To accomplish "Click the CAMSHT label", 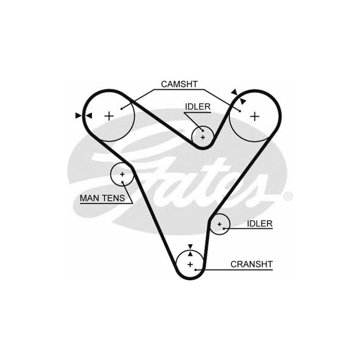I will tap(179, 84).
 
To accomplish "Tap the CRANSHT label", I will tap(251, 264).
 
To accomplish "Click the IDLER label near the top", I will tap(198, 106).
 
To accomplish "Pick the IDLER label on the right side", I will tap(260, 224).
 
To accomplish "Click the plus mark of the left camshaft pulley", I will tap(109, 116).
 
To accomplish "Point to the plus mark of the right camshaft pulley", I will tap(255, 116).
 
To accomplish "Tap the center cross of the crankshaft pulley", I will tap(190, 264).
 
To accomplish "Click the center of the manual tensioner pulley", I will tap(122, 175).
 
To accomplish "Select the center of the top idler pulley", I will tap(203, 137).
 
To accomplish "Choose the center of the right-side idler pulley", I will tap(220, 224).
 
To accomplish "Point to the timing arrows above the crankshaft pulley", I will tap(190, 250).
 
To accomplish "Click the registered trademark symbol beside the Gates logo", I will tap(288, 196).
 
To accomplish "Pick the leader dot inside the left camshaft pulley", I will tap(121, 108).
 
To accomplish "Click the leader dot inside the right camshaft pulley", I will tap(240, 109).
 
